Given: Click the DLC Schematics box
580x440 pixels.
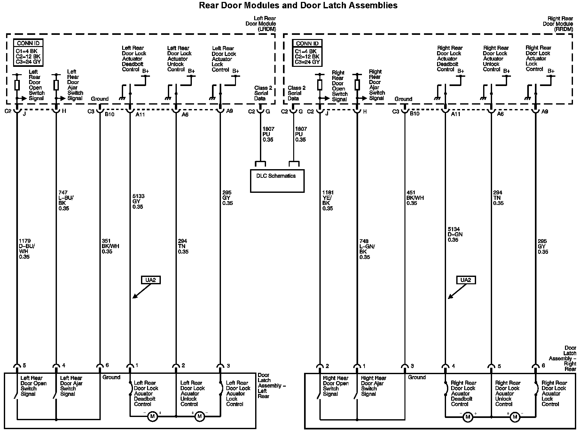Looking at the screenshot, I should tap(277, 181).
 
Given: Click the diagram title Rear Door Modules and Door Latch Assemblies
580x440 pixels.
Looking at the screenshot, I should tap(298, 5).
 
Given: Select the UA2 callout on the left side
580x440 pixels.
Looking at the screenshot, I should tap(151, 280).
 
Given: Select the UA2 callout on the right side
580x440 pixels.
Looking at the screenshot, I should tap(466, 280).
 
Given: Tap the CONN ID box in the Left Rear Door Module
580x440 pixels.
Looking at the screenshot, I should tap(28, 52).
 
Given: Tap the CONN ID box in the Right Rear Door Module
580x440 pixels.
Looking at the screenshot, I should tap(307, 52).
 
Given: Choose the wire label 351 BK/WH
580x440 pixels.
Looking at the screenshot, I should tap(110, 246).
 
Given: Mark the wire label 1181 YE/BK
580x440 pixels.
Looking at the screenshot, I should tap(328, 200).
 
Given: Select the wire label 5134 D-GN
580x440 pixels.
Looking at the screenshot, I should tap(455, 234).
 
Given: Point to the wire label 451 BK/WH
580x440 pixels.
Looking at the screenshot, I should tap(415, 198).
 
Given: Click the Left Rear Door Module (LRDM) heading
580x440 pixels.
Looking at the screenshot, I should tap(261, 24).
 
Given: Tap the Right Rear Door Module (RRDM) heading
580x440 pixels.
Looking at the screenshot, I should tap(558, 24).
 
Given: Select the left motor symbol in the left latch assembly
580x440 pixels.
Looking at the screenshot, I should tap(152, 416).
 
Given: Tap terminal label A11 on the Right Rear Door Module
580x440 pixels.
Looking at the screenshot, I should tap(455, 114).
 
